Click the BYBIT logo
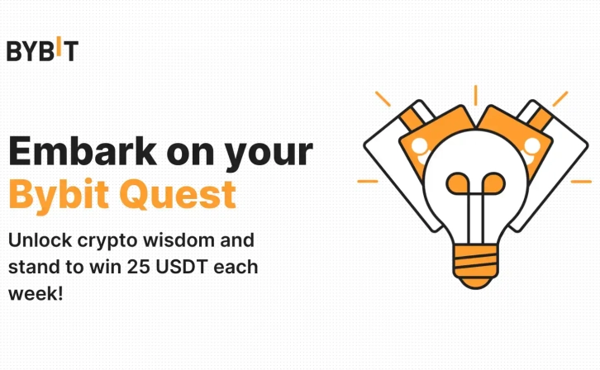point(42,50)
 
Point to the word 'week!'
point(36,293)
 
